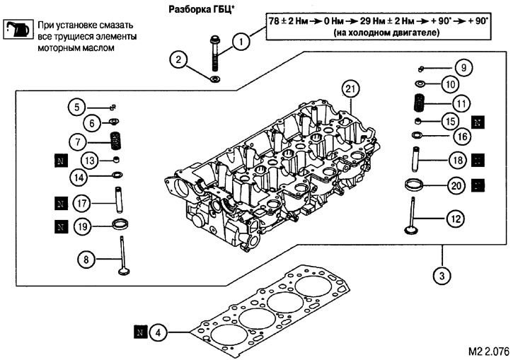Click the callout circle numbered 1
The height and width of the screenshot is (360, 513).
point(242,42)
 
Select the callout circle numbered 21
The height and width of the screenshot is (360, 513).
point(347,88)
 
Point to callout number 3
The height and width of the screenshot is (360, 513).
point(441,274)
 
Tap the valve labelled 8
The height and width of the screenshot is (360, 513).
point(123,254)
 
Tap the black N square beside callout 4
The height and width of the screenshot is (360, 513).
point(140,330)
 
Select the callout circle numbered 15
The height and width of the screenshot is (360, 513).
point(448,120)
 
